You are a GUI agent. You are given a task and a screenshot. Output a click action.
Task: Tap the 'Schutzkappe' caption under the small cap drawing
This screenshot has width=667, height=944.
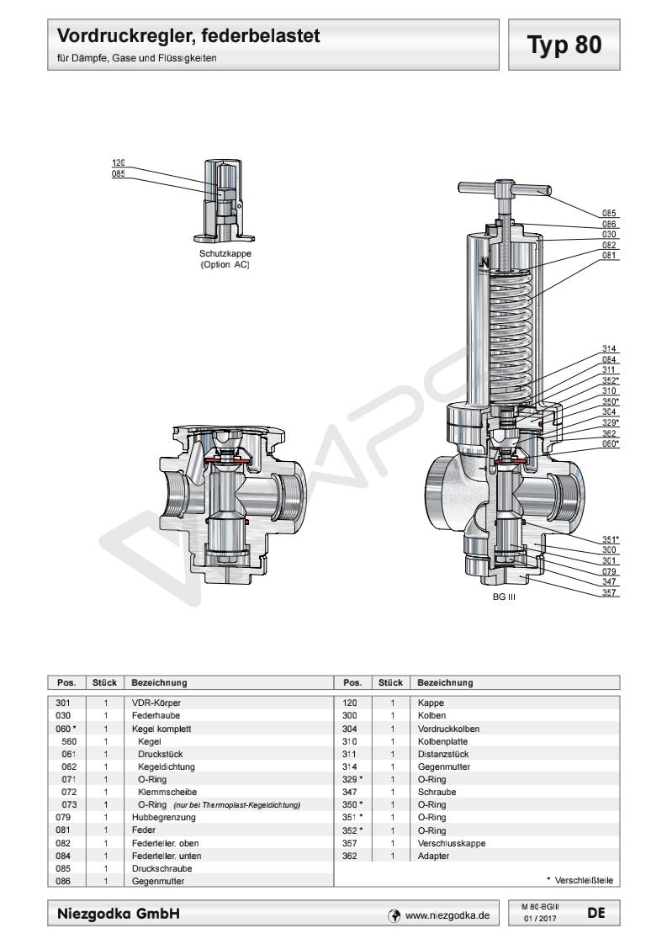(225, 253)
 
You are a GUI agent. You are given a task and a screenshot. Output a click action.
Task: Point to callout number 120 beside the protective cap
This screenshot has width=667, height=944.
(118, 162)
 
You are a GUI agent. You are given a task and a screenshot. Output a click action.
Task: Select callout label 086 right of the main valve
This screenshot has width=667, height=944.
(610, 225)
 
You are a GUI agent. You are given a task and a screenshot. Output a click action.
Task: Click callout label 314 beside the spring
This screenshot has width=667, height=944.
(610, 348)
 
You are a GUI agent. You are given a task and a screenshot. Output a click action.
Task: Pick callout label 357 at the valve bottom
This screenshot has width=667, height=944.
(610, 591)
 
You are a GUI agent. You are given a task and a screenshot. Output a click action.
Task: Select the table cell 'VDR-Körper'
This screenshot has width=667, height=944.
(156, 702)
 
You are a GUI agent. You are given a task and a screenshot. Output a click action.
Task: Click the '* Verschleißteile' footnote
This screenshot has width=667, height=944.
(580, 880)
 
